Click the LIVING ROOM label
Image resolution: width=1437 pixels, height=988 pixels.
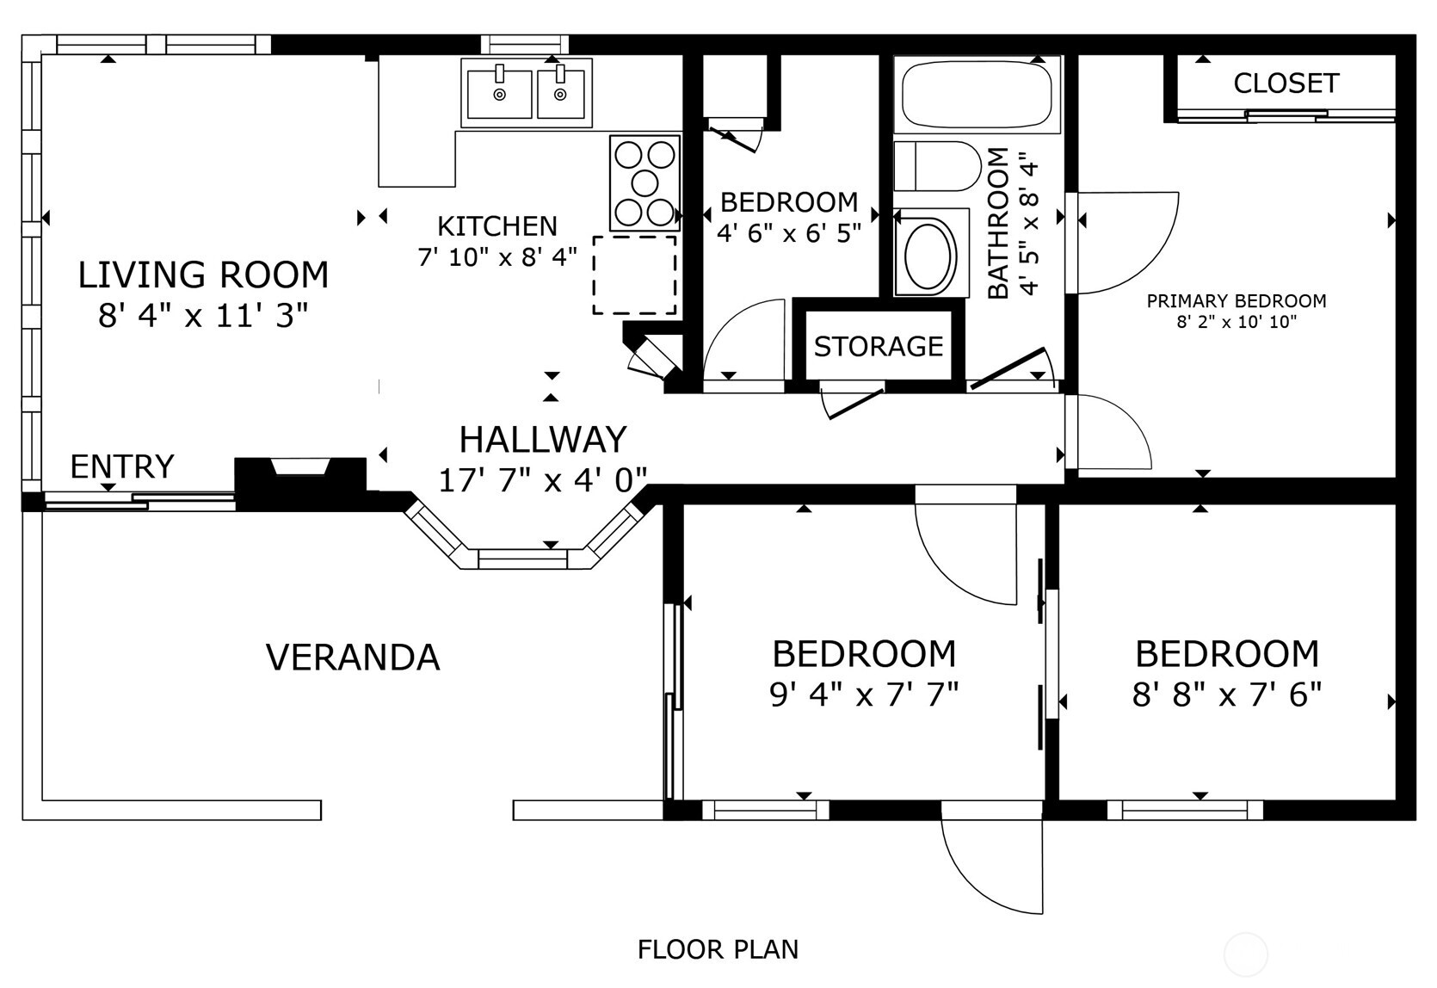click(203, 275)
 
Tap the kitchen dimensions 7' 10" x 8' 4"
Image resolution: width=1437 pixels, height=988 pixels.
click(497, 256)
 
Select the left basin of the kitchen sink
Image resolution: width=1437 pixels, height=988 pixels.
click(499, 93)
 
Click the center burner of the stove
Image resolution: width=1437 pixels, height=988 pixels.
click(644, 182)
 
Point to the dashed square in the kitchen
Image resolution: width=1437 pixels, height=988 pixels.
click(634, 275)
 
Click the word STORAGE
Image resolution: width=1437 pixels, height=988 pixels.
click(878, 346)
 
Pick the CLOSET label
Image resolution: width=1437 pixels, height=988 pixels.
click(1286, 83)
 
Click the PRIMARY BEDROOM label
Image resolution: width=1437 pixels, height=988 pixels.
click(1236, 301)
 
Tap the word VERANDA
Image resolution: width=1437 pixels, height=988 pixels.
click(353, 658)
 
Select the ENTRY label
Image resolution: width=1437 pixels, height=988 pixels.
click(121, 466)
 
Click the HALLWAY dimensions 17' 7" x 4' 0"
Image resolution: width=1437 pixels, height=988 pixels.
click(542, 479)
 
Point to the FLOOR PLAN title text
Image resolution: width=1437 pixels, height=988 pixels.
click(718, 949)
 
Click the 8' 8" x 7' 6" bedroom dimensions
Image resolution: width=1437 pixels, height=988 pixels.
click(1226, 694)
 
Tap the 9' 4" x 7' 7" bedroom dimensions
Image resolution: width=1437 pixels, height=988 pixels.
click(863, 694)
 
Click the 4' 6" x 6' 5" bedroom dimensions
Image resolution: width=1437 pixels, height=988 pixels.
click(788, 232)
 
